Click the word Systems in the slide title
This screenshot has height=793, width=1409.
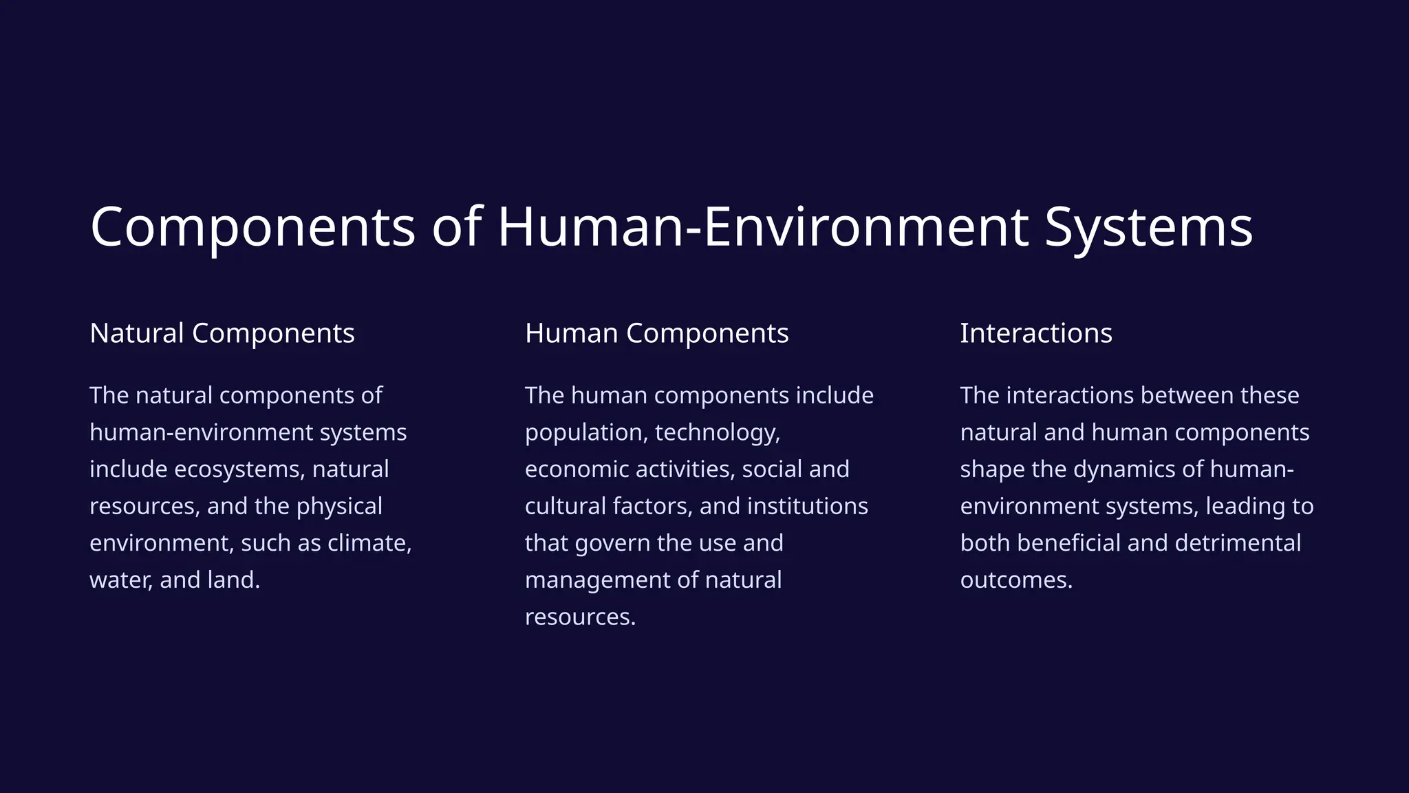coord(1148,227)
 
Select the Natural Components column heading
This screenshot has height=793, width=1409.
coord(222,333)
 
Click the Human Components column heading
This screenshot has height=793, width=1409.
coord(656,333)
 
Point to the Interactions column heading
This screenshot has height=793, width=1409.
coord(1035,333)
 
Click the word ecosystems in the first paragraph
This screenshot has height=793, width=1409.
coord(239,469)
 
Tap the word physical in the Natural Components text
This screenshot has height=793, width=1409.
coord(339,507)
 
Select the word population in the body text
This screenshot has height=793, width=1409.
coord(585,433)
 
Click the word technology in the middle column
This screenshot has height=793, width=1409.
coord(717,433)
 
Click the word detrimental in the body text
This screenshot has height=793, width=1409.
coord(1238,543)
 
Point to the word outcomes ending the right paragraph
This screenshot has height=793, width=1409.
coord(1015,580)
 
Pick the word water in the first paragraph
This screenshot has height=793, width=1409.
coord(121,580)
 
